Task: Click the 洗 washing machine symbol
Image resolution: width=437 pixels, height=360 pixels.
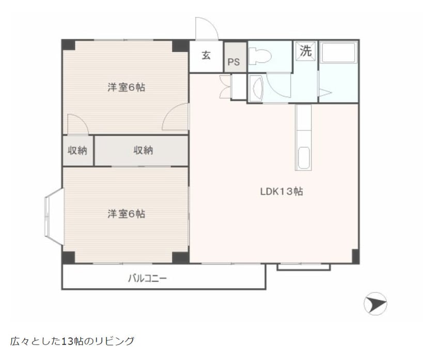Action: (306, 52)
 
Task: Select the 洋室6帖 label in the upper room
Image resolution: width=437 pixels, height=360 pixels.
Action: (126, 87)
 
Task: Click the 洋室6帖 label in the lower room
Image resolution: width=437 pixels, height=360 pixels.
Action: (126, 213)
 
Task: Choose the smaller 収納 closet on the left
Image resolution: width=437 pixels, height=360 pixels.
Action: (77, 150)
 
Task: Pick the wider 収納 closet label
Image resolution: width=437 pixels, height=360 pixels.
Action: (143, 150)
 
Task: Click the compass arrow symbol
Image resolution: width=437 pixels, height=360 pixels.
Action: (375, 303)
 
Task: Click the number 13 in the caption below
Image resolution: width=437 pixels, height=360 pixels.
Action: (66, 341)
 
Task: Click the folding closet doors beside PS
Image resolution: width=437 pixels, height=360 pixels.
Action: (225, 86)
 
